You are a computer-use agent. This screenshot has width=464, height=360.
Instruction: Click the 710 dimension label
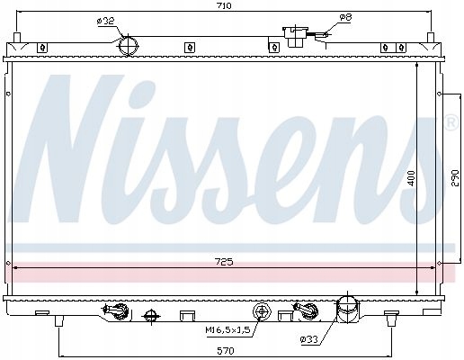(x=225, y=5)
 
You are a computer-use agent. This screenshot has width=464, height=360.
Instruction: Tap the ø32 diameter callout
(x=105, y=22)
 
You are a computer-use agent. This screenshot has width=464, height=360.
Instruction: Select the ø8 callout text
(x=345, y=17)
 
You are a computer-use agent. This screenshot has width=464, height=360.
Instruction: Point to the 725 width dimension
(x=225, y=262)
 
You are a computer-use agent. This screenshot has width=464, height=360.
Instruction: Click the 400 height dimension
(x=412, y=178)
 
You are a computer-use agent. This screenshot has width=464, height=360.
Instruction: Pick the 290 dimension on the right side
(x=455, y=178)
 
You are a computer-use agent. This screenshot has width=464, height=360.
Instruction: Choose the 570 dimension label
(x=225, y=350)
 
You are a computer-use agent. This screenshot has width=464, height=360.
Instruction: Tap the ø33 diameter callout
(x=308, y=339)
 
